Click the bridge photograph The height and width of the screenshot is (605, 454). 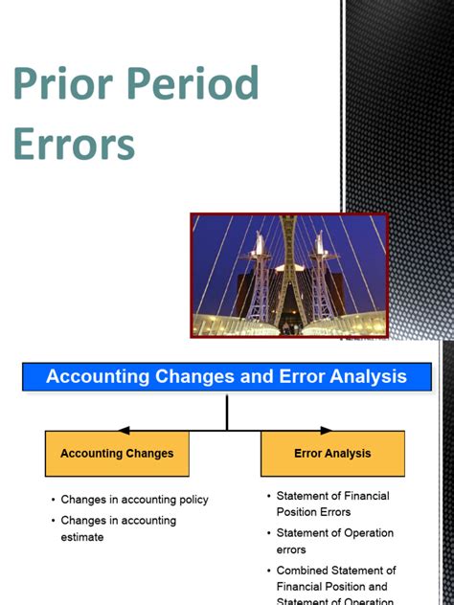click(289, 275)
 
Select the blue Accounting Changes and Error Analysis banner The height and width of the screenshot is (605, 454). click(226, 376)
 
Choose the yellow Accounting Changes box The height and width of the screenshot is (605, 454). click(117, 454)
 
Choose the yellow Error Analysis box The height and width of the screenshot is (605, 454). click(332, 454)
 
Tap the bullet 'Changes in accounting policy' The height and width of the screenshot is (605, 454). click(134, 500)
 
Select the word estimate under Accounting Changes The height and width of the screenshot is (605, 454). click(82, 537)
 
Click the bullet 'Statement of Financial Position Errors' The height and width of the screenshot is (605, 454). click(332, 504)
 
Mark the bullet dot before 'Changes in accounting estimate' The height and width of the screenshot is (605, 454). click(53, 521)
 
